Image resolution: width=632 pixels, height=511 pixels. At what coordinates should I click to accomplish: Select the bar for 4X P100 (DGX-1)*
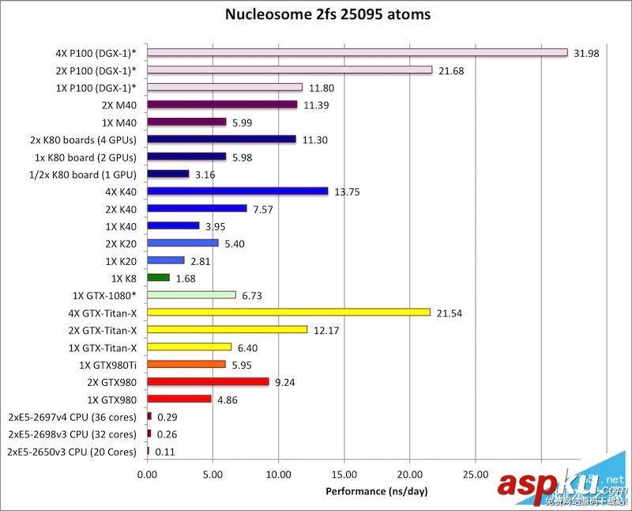357,52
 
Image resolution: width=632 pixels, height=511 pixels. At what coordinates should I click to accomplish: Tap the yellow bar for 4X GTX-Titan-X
288,312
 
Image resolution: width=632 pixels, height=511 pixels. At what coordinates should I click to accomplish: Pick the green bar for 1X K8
158,278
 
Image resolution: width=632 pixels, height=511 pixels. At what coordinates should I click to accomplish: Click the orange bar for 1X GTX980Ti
186,365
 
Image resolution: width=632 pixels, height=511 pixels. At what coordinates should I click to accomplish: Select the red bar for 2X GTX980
208,381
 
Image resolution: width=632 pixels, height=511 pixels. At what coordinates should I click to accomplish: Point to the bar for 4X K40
237,191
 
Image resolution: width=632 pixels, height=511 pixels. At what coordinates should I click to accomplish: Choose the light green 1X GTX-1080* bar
191,295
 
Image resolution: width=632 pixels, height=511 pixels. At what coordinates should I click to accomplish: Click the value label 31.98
587,53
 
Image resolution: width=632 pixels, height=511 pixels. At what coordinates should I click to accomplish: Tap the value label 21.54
450,313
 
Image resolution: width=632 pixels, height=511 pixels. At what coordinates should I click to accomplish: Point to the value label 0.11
164,452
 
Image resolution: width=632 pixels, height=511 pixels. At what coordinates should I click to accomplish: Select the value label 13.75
347,191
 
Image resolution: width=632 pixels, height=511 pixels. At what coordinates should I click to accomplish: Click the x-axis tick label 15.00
344,475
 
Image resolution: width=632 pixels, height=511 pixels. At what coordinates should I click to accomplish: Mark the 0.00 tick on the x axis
147,475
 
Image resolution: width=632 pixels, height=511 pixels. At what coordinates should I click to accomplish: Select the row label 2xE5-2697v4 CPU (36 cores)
72,417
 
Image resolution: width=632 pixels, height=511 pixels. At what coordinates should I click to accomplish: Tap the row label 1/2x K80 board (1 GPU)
80,174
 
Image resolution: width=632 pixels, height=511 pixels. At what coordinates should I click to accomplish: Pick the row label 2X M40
119,104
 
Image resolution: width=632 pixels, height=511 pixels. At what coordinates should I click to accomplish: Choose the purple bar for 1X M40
186,122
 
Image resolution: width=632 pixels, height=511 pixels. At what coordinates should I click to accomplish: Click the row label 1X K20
120,260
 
